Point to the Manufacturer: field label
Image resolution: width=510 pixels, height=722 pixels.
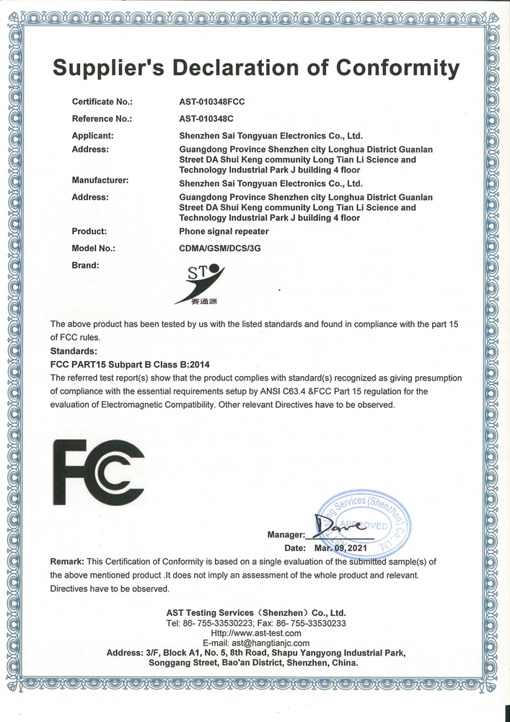point(100,180)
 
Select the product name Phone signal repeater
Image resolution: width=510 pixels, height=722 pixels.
point(224,232)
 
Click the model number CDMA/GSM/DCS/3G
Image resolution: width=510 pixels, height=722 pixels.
point(220,248)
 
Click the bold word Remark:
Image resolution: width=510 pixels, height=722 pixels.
point(67,562)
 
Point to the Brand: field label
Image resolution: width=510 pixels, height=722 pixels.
point(86,266)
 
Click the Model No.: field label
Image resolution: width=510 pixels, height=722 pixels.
point(94,248)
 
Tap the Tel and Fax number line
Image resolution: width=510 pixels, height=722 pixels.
point(256,622)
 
